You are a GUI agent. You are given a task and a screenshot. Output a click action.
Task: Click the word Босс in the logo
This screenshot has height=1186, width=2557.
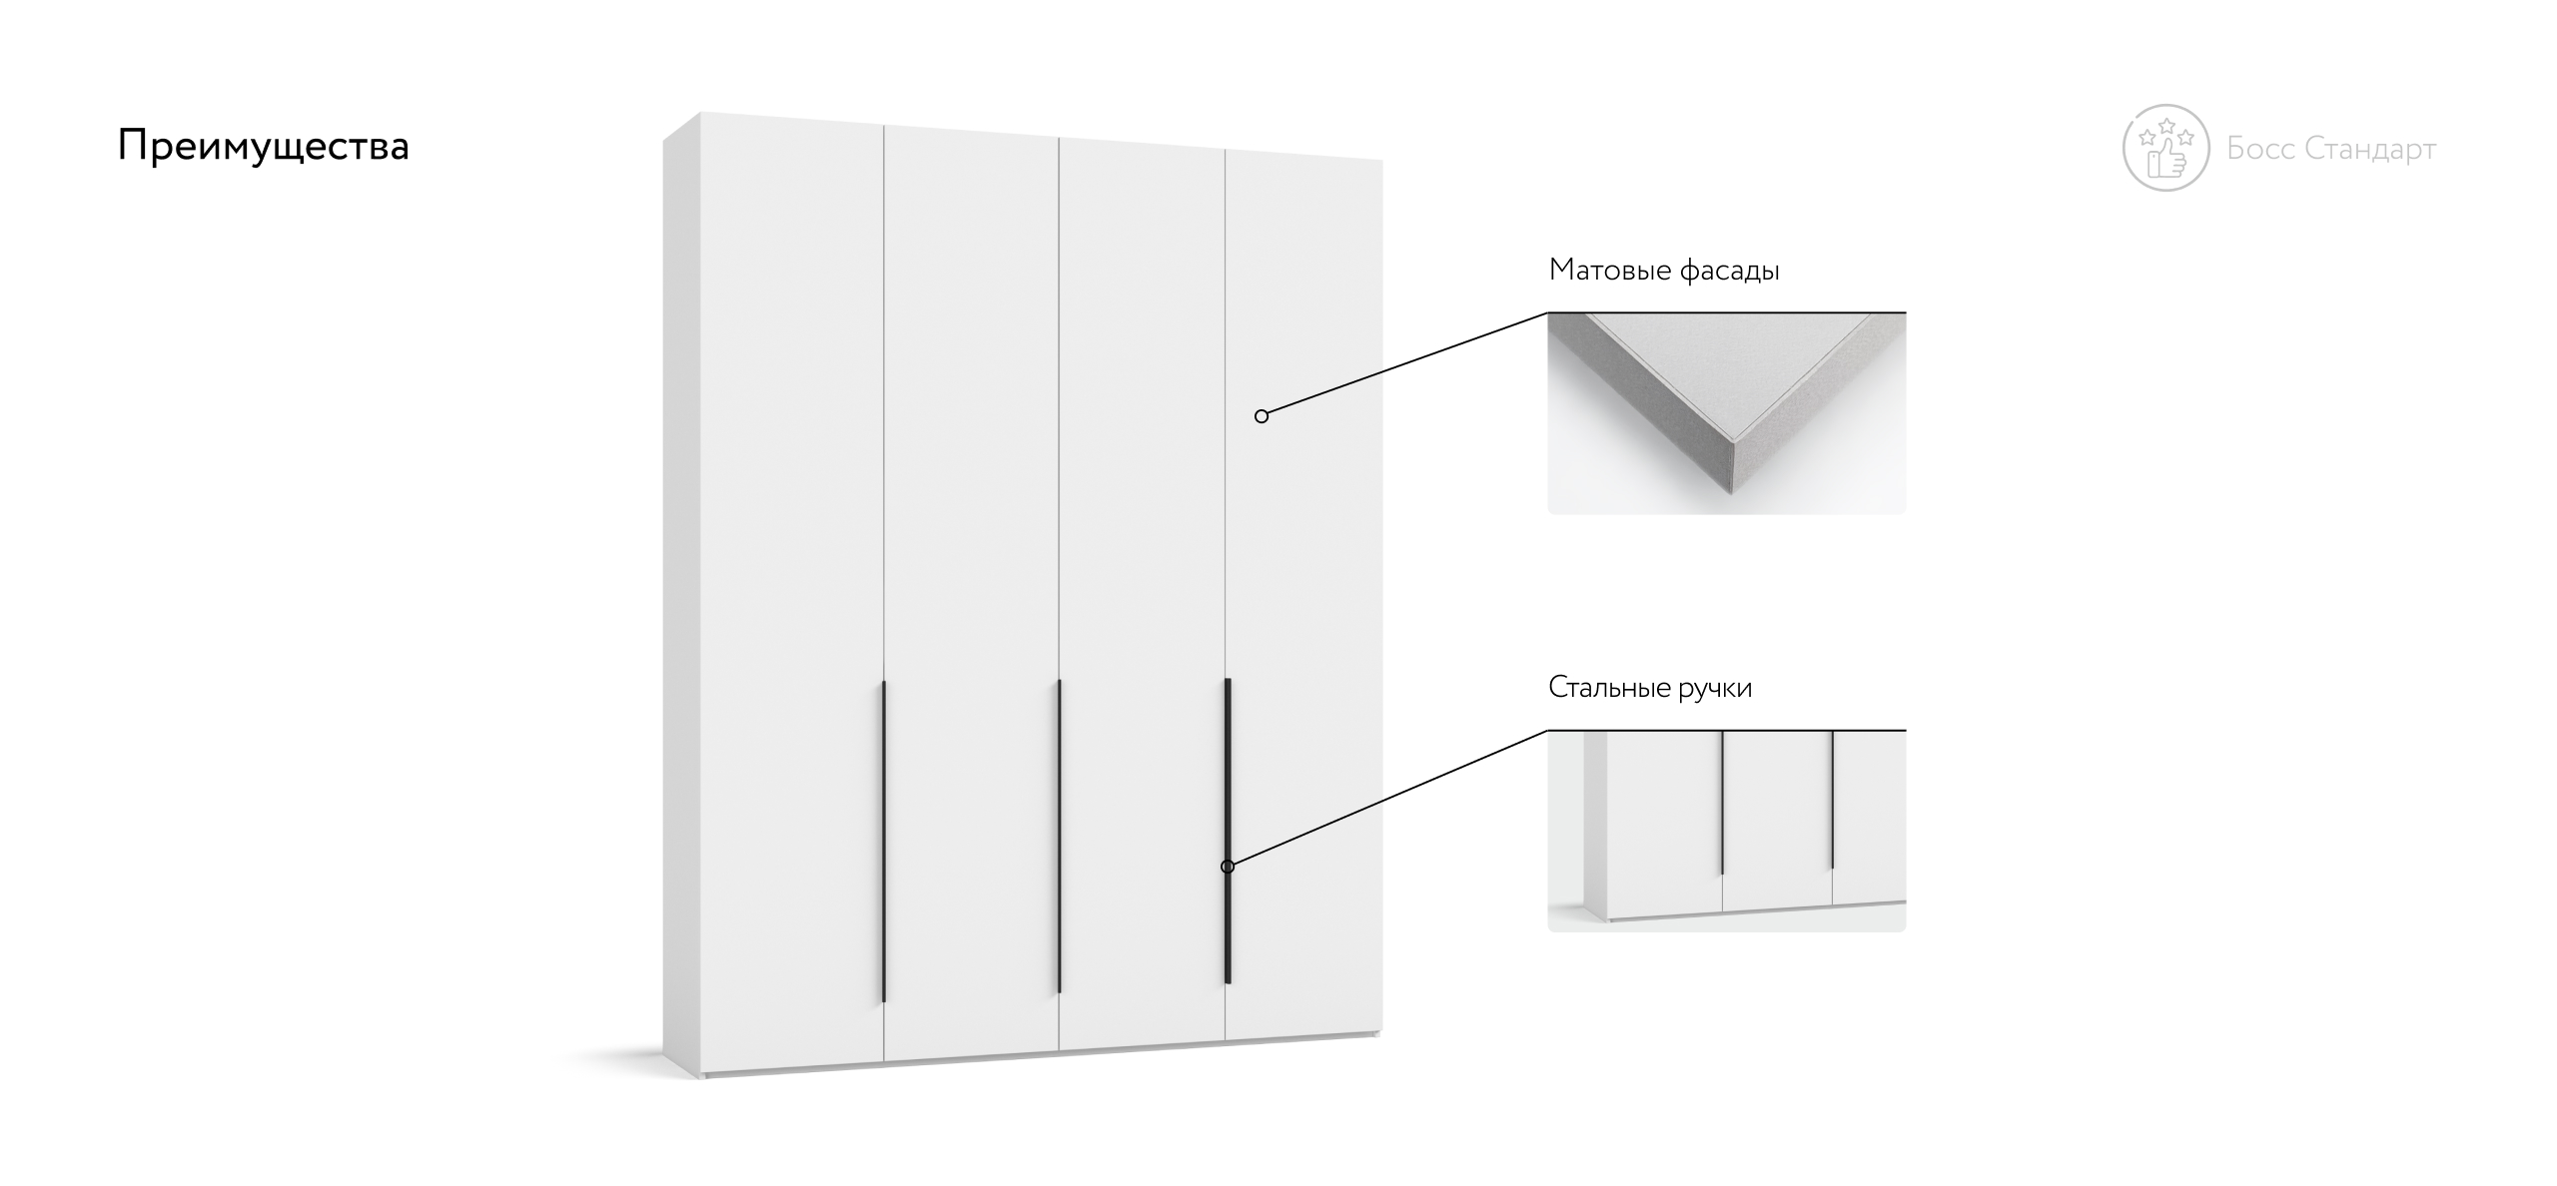2260,149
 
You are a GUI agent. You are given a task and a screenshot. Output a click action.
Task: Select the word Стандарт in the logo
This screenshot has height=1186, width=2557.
2370,150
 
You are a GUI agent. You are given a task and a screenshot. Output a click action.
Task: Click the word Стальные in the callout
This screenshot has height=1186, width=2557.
1609,688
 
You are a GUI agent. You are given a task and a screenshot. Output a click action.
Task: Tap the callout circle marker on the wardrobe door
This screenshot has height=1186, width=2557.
1262,416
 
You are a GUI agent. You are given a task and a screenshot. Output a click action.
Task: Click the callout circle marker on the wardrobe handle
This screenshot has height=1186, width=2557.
1228,867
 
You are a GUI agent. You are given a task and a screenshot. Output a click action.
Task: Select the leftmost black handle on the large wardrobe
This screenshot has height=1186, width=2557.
884,842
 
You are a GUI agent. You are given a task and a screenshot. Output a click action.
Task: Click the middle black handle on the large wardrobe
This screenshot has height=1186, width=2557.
1059,837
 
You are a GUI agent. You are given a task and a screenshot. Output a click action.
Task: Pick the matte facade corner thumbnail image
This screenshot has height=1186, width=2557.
1727,413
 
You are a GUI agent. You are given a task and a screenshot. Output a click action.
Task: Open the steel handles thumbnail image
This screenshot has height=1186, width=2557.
1727,831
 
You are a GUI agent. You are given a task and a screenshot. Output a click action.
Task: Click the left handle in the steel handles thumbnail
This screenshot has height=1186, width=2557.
1723,803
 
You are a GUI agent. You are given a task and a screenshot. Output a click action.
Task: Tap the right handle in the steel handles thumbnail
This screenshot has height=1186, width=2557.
1833,800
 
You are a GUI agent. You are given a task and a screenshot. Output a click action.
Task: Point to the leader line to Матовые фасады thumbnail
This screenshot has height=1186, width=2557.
1404,364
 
